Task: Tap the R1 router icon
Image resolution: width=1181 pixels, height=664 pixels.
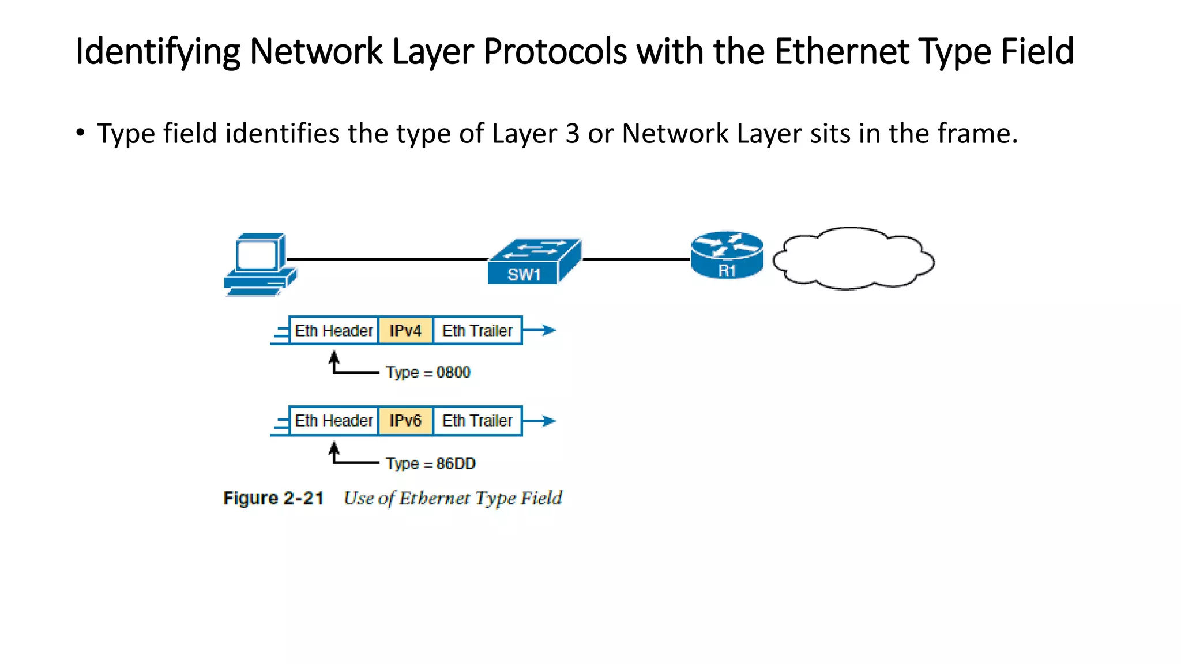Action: click(727, 255)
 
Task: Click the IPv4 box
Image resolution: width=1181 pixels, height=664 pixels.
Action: click(405, 331)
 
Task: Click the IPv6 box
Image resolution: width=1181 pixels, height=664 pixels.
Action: click(405, 421)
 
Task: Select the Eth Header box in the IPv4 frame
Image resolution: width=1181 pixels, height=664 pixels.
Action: click(333, 331)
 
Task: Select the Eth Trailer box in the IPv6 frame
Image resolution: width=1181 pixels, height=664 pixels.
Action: click(477, 421)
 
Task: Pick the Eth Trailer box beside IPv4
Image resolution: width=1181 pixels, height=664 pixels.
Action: click(477, 331)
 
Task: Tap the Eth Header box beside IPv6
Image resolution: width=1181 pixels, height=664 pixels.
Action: click(333, 421)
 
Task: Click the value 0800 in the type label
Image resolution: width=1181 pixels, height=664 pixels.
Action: click(453, 372)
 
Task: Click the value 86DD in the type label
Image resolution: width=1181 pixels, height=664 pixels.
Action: click(456, 463)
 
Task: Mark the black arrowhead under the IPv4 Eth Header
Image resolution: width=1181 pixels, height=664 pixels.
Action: click(334, 357)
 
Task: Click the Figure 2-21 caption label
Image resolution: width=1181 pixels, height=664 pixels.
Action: click(273, 498)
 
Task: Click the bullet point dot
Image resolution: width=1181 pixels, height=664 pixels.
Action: click(81, 133)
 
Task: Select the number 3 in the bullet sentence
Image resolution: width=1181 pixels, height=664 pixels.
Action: click(572, 134)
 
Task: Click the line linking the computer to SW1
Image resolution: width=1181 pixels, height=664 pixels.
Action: click(386, 259)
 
